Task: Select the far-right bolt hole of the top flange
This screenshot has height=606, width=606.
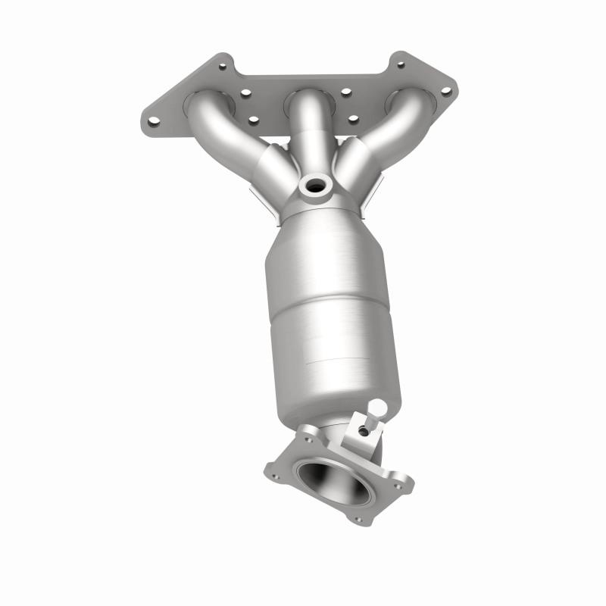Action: pyautogui.click(x=445, y=92)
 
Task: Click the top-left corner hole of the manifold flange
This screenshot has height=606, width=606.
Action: pyautogui.click(x=222, y=67)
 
